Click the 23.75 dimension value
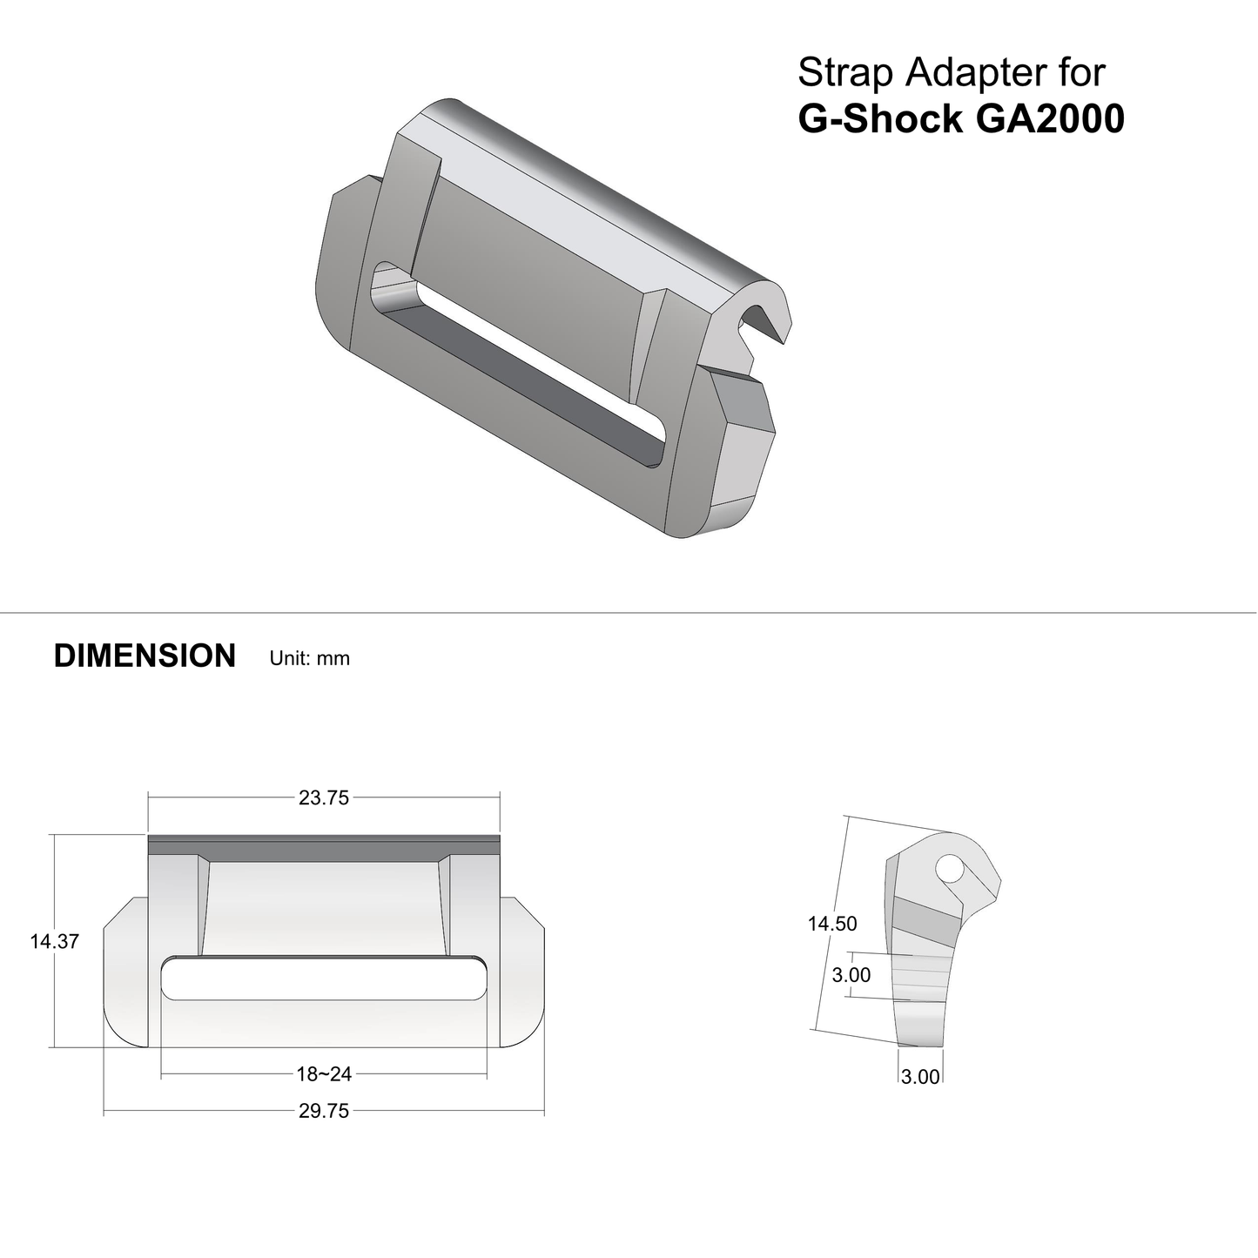[x=324, y=797]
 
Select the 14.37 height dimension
[x=54, y=941]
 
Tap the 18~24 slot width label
[x=324, y=1074]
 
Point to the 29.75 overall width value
[x=324, y=1111]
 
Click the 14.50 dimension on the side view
[x=832, y=924]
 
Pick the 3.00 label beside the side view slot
[x=851, y=975]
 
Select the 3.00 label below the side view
[x=920, y=1077]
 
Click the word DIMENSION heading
[x=145, y=656]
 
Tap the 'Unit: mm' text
[x=310, y=658]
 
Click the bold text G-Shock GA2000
[x=961, y=118]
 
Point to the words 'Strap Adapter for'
[x=951, y=72]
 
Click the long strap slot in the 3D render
[x=522, y=366]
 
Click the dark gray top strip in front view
[x=324, y=844]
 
